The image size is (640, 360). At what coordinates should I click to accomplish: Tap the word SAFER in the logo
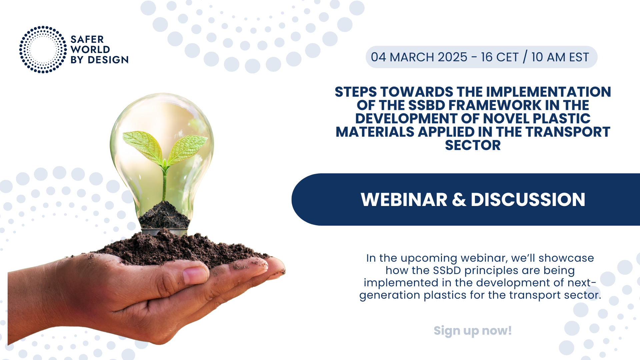pyautogui.click(x=87, y=39)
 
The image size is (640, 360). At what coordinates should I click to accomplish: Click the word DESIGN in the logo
pyautogui.click(x=108, y=60)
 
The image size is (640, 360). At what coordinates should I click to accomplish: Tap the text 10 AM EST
pyautogui.click(x=560, y=57)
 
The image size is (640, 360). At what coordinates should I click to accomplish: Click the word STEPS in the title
pyautogui.click(x=356, y=92)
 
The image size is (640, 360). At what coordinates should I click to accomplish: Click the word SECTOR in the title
pyautogui.click(x=473, y=145)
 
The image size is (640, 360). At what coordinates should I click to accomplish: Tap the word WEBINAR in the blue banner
pyautogui.click(x=404, y=200)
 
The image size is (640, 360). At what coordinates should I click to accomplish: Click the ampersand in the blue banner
pyautogui.click(x=459, y=200)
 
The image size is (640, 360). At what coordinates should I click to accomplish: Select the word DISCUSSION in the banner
pyautogui.click(x=528, y=200)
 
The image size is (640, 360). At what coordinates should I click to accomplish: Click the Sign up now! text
pyautogui.click(x=473, y=331)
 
